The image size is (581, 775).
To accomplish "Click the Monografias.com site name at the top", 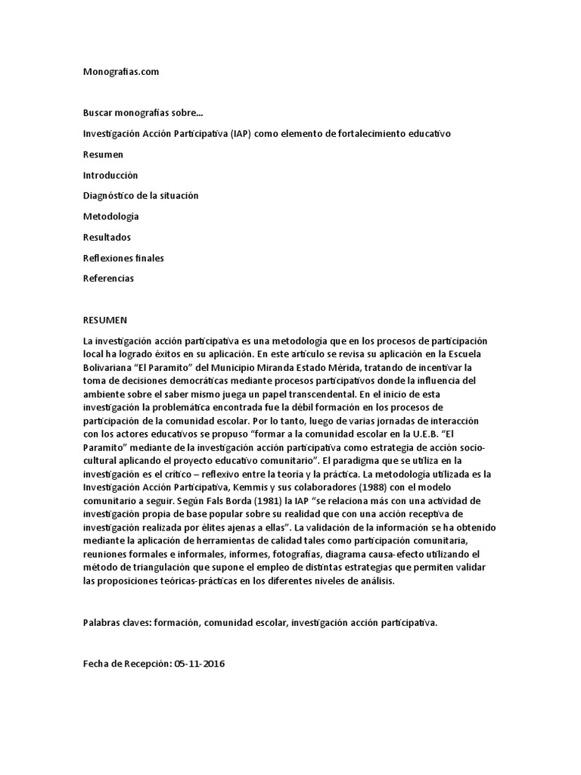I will click(x=121, y=72).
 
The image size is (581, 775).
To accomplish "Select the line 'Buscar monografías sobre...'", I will click(x=143, y=113).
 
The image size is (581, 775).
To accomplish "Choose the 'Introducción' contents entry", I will click(x=110, y=175).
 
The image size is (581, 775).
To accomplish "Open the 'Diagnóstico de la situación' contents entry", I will click(x=141, y=195).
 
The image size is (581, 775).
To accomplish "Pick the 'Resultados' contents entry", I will click(x=107, y=237).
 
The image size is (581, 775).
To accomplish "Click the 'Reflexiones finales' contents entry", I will click(x=123, y=258).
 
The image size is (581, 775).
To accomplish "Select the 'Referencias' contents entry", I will click(x=108, y=279).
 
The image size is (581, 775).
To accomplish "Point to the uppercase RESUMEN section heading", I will click(x=105, y=320).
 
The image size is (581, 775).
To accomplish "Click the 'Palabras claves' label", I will click(x=116, y=623).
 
